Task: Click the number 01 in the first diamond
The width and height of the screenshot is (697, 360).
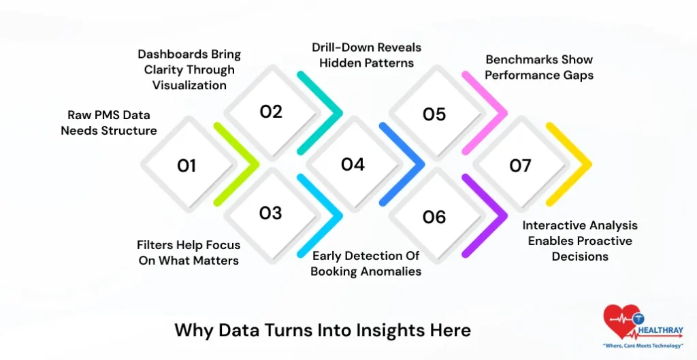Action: (187, 165)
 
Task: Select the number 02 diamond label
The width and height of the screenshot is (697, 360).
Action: (271, 112)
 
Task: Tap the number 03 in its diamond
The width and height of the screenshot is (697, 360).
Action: (270, 213)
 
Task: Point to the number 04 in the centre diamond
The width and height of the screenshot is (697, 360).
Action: (353, 164)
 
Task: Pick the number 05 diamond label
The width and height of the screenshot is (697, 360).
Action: (434, 114)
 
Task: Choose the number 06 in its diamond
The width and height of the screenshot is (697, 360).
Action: (434, 217)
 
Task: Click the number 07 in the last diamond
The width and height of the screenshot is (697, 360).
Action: (521, 165)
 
